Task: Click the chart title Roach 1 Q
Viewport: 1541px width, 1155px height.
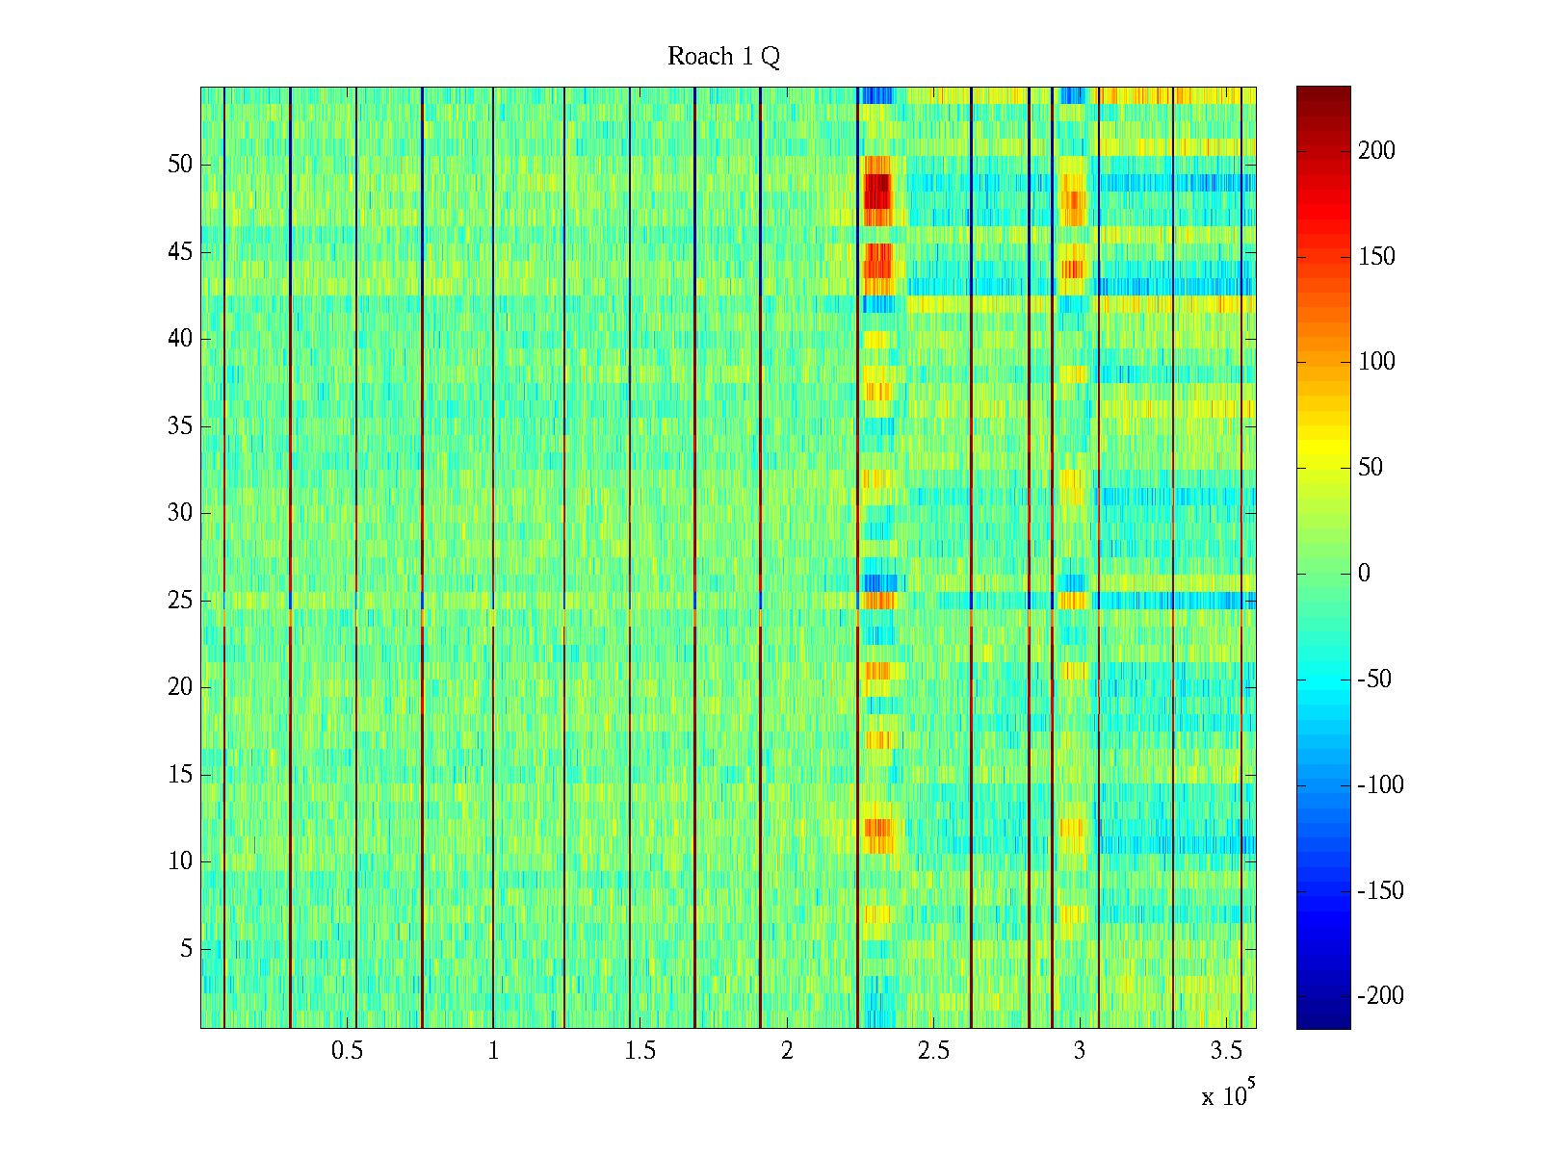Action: click(x=723, y=57)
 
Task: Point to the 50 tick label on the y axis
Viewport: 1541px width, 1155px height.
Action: click(x=180, y=164)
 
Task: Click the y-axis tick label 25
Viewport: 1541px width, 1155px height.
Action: click(x=180, y=600)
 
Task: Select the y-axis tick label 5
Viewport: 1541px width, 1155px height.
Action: click(x=186, y=949)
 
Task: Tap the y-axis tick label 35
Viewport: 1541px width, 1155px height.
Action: click(x=180, y=425)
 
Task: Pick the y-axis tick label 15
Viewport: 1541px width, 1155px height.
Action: click(x=180, y=774)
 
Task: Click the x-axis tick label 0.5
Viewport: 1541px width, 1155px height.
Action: click(x=347, y=1051)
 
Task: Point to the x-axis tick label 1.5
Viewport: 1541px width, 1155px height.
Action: click(x=640, y=1051)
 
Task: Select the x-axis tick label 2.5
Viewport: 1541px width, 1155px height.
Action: click(x=933, y=1051)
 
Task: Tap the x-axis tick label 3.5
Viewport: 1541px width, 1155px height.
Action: click(x=1226, y=1051)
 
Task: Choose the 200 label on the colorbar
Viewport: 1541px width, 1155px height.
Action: click(x=1376, y=150)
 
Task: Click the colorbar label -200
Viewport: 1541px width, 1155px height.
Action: click(x=1381, y=996)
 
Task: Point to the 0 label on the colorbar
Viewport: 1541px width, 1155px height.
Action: click(x=1364, y=574)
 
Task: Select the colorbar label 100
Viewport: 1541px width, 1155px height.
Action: click(x=1376, y=362)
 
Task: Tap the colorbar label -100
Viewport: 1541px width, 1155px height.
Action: click(x=1381, y=784)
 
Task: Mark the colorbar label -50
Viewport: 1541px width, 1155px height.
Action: click(x=1375, y=679)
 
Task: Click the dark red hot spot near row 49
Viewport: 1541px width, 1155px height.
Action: click(x=876, y=190)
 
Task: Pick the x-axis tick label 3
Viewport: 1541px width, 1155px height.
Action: click(x=1080, y=1051)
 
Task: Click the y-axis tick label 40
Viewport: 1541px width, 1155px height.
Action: click(x=180, y=338)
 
